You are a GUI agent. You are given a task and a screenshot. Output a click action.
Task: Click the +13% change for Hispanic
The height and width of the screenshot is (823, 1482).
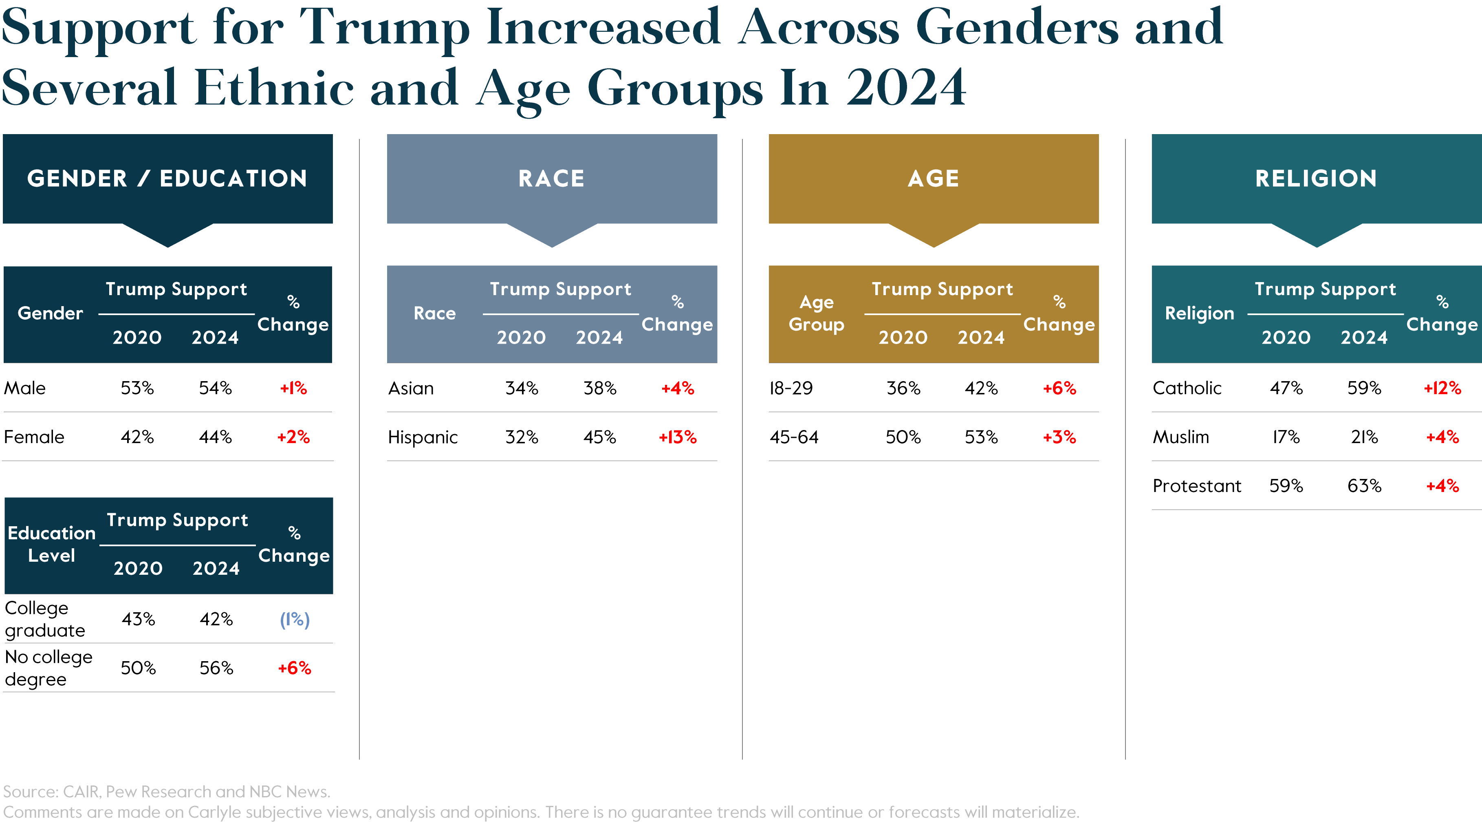point(677,437)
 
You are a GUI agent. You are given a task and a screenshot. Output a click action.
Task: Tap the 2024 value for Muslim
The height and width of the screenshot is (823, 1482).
point(1364,437)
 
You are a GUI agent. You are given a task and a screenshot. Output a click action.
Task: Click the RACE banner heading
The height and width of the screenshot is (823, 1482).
point(551,179)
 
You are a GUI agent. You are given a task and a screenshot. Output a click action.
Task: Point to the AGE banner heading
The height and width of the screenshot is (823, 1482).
point(933,179)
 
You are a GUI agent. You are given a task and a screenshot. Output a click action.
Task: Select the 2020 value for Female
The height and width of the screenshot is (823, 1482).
point(137,437)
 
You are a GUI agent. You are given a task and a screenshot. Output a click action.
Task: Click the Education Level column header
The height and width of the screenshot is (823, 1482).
point(51,544)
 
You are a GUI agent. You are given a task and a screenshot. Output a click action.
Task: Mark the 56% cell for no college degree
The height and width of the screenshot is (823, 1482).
point(216,668)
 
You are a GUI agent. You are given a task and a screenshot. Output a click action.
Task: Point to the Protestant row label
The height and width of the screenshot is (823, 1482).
point(1197,486)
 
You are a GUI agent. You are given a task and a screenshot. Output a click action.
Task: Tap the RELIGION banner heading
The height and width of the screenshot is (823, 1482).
point(1316,179)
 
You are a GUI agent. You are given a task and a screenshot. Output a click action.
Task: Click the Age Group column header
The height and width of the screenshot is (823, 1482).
point(816,313)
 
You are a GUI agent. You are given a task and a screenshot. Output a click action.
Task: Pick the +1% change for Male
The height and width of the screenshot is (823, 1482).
point(293,388)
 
